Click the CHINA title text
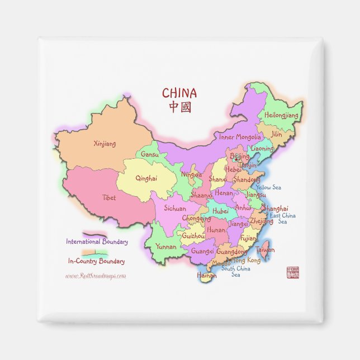tap(179, 93)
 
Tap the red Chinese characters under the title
tap(179, 106)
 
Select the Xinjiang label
tap(105, 144)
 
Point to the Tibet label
tap(109, 197)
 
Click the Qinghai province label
tap(146, 179)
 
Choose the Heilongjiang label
tap(282, 115)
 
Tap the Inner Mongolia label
tap(240, 137)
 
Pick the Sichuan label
tap(175, 209)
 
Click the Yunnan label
tap(166, 247)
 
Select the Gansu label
tap(150, 154)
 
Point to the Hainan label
tap(206, 275)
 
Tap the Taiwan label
tap(265, 250)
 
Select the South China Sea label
tap(235, 272)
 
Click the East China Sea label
tap(282, 219)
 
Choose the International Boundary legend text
tap(97, 242)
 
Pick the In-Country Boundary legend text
tap(96, 261)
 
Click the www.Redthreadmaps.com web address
tap(96, 276)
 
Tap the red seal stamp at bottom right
tap(292, 273)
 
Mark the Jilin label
tap(277, 135)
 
